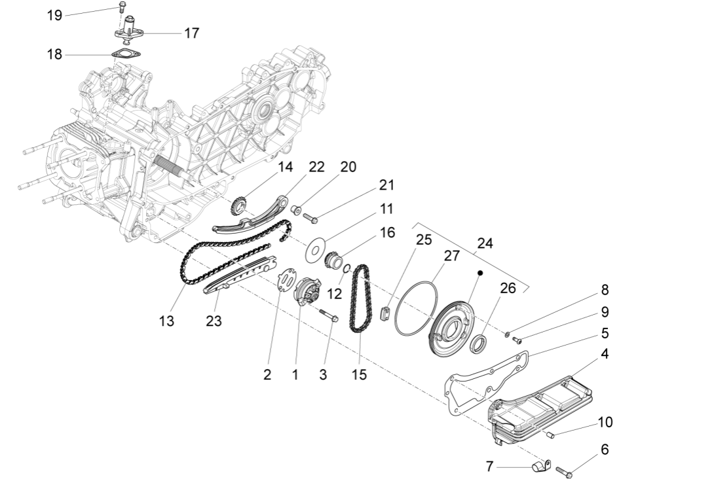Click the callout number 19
54,14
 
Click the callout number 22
316,167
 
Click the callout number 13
166,321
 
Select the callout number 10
605,422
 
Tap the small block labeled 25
385,312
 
